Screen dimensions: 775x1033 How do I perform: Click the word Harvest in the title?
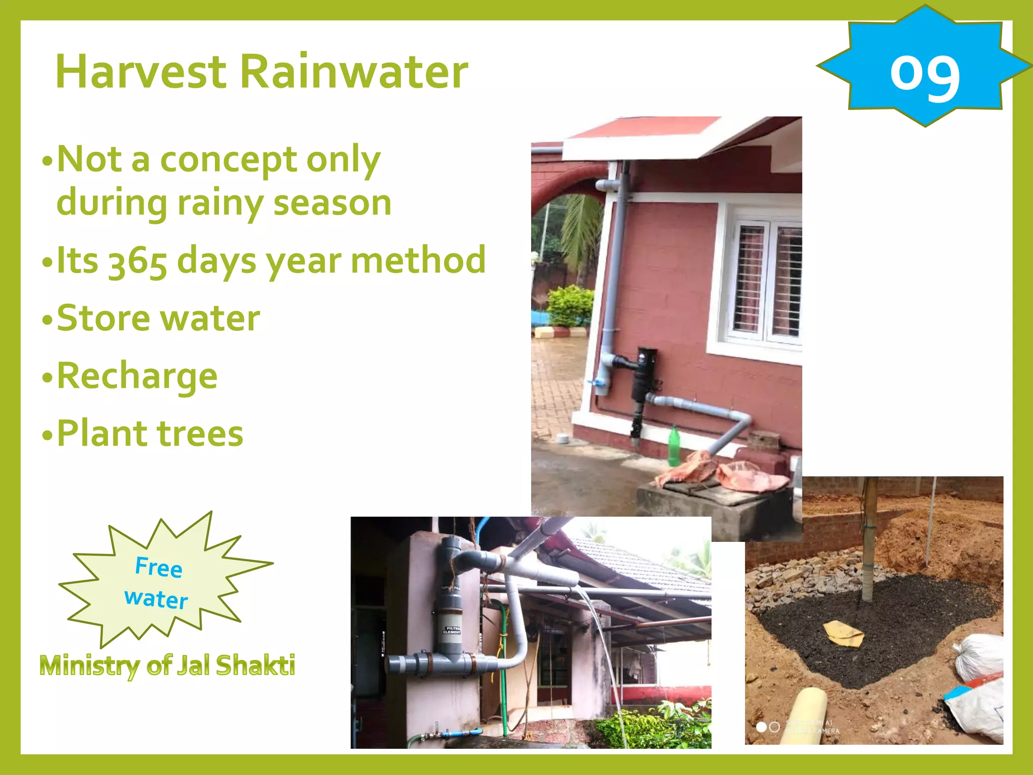[x=141, y=72]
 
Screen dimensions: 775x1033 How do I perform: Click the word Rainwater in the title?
[x=353, y=72]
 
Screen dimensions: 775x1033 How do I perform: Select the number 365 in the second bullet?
[x=137, y=261]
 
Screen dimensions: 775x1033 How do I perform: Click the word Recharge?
[x=137, y=376]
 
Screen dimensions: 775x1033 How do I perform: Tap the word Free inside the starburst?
[x=158, y=567]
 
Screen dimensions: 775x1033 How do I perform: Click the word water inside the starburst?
[x=156, y=599]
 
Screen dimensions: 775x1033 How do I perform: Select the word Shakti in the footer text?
[x=255, y=665]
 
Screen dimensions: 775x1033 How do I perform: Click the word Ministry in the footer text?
[x=90, y=665]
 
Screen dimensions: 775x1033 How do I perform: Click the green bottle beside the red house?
[x=674, y=447]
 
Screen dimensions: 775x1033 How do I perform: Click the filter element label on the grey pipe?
[x=451, y=630]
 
